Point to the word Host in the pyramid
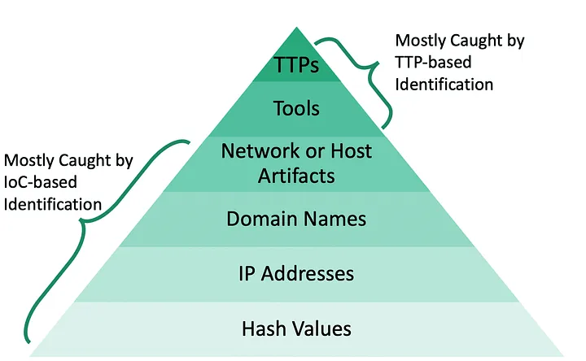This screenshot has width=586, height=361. pyautogui.click(x=351, y=151)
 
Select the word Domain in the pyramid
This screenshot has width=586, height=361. pyautogui.click(x=263, y=219)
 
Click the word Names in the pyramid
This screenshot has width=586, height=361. pyautogui.click(x=337, y=219)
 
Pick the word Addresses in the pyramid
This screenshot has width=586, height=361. pyautogui.click(x=308, y=273)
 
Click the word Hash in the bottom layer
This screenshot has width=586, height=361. pyautogui.click(x=261, y=328)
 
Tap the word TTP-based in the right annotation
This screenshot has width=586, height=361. pyautogui.click(x=428, y=62)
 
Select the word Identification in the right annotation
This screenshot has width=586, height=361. pyautogui.click(x=444, y=83)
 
